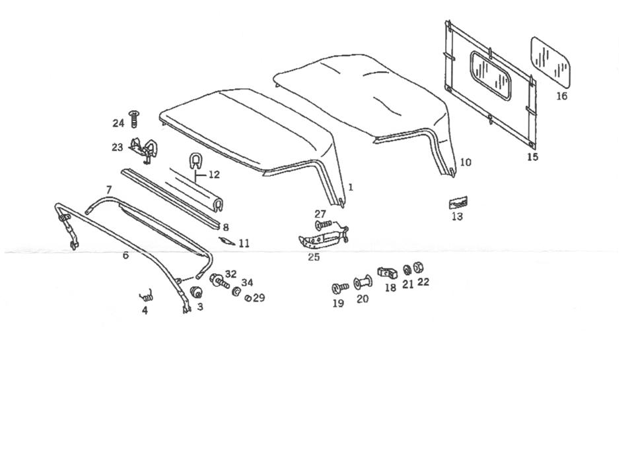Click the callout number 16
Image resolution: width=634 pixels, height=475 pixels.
pyautogui.click(x=561, y=96)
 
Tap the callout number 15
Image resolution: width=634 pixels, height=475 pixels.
pyautogui.click(x=532, y=157)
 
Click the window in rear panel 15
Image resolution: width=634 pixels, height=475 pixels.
pyautogui.click(x=491, y=75)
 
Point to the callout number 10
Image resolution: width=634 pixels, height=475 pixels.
pyautogui.click(x=466, y=162)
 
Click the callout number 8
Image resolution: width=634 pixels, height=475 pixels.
pyautogui.click(x=225, y=227)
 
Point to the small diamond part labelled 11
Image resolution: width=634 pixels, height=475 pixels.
pyautogui.click(x=227, y=240)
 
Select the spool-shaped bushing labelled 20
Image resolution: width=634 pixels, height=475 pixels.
pyautogui.click(x=363, y=284)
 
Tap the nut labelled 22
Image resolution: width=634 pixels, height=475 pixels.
pyautogui.click(x=418, y=268)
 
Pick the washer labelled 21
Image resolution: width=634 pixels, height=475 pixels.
pyautogui.click(x=407, y=270)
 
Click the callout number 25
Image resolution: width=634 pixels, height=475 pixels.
pyautogui.click(x=313, y=257)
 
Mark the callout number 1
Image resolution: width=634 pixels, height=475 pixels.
pyautogui.click(x=351, y=187)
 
